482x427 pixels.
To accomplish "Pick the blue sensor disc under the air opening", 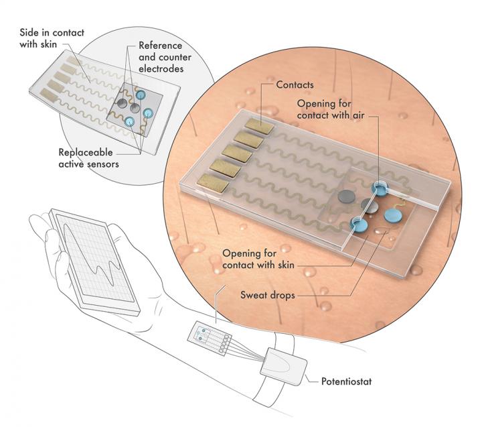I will (x=381, y=190).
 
